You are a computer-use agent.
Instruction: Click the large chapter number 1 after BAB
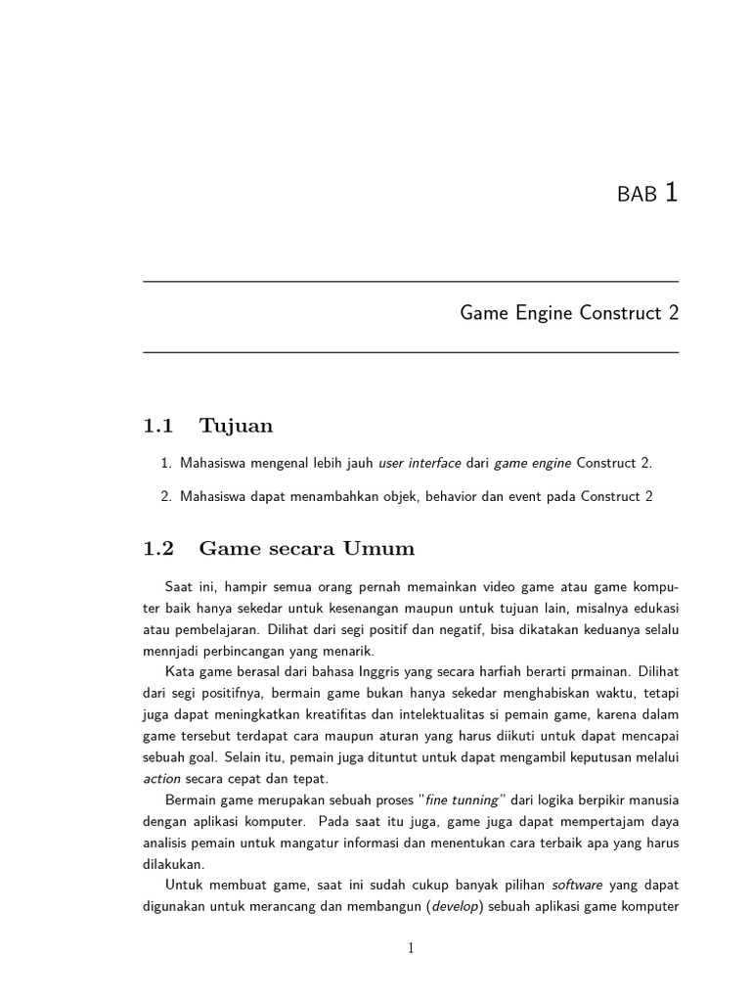(671, 193)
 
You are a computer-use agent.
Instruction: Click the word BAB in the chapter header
(637, 195)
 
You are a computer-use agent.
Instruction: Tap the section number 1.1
(157, 426)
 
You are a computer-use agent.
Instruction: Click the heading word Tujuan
(236, 426)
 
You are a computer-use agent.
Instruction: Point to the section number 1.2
(157, 549)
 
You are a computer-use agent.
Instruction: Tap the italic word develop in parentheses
(455, 907)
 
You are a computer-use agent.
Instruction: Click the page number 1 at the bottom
(411, 947)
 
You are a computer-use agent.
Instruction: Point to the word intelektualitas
(443, 715)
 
